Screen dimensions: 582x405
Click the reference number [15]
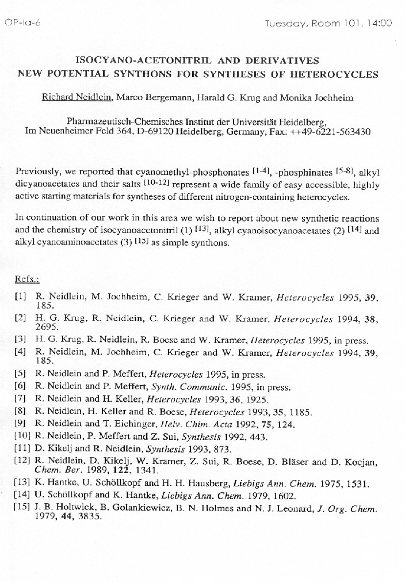click(22, 508)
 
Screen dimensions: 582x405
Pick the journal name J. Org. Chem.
click(349, 508)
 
